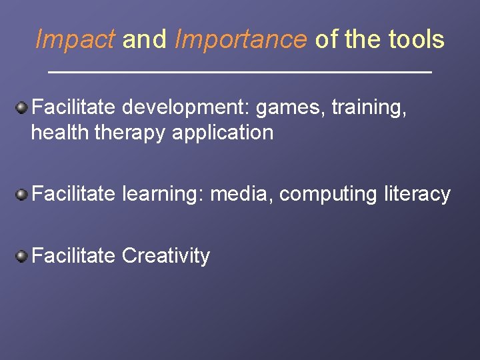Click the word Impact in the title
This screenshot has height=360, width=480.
click(75, 40)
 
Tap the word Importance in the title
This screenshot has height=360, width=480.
click(241, 40)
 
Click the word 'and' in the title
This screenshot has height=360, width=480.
click(144, 40)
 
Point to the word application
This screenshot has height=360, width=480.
click(223, 133)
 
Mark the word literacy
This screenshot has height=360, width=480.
click(417, 194)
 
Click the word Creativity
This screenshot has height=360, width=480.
click(166, 255)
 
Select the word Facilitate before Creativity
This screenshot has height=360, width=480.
click(73, 255)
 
